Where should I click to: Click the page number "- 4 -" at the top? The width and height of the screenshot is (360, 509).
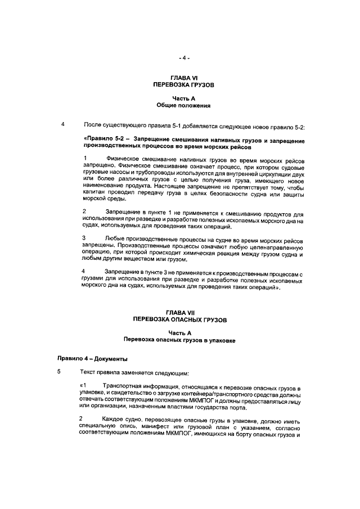point(184,57)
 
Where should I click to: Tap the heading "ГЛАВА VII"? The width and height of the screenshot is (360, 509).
point(184,312)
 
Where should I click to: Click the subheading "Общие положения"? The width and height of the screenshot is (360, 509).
point(184,105)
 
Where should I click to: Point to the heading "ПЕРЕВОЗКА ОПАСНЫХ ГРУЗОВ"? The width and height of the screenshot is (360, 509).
point(184,319)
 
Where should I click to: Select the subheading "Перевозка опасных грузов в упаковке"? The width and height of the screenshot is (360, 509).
point(184,340)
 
